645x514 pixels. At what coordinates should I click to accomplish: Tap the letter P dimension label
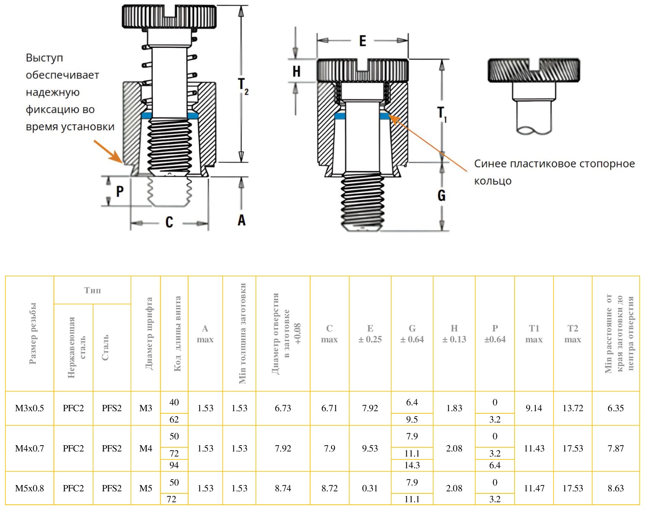120,192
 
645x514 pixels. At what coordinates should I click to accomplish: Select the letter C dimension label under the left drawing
169,222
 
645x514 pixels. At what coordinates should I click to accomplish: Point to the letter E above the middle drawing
363,41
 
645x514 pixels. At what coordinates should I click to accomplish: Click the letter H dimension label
296,72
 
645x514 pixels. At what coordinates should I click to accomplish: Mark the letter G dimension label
441,196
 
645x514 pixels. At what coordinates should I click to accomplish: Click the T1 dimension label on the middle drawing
442,114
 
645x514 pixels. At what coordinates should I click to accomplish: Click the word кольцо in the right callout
493,181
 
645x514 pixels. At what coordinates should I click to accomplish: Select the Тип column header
92,290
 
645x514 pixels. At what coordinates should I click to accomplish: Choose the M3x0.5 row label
29,408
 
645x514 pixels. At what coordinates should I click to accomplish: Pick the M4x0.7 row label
29,449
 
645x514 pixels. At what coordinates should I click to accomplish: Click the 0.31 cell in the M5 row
370,488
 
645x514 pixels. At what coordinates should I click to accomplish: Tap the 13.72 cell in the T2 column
572,408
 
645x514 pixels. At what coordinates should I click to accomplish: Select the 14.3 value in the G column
412,465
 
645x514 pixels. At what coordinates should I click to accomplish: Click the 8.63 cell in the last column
616,488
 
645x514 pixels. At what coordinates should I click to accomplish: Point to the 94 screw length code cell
174,465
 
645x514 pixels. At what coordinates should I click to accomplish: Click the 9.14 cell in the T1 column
534,408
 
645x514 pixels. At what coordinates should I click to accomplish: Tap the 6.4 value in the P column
495,465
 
